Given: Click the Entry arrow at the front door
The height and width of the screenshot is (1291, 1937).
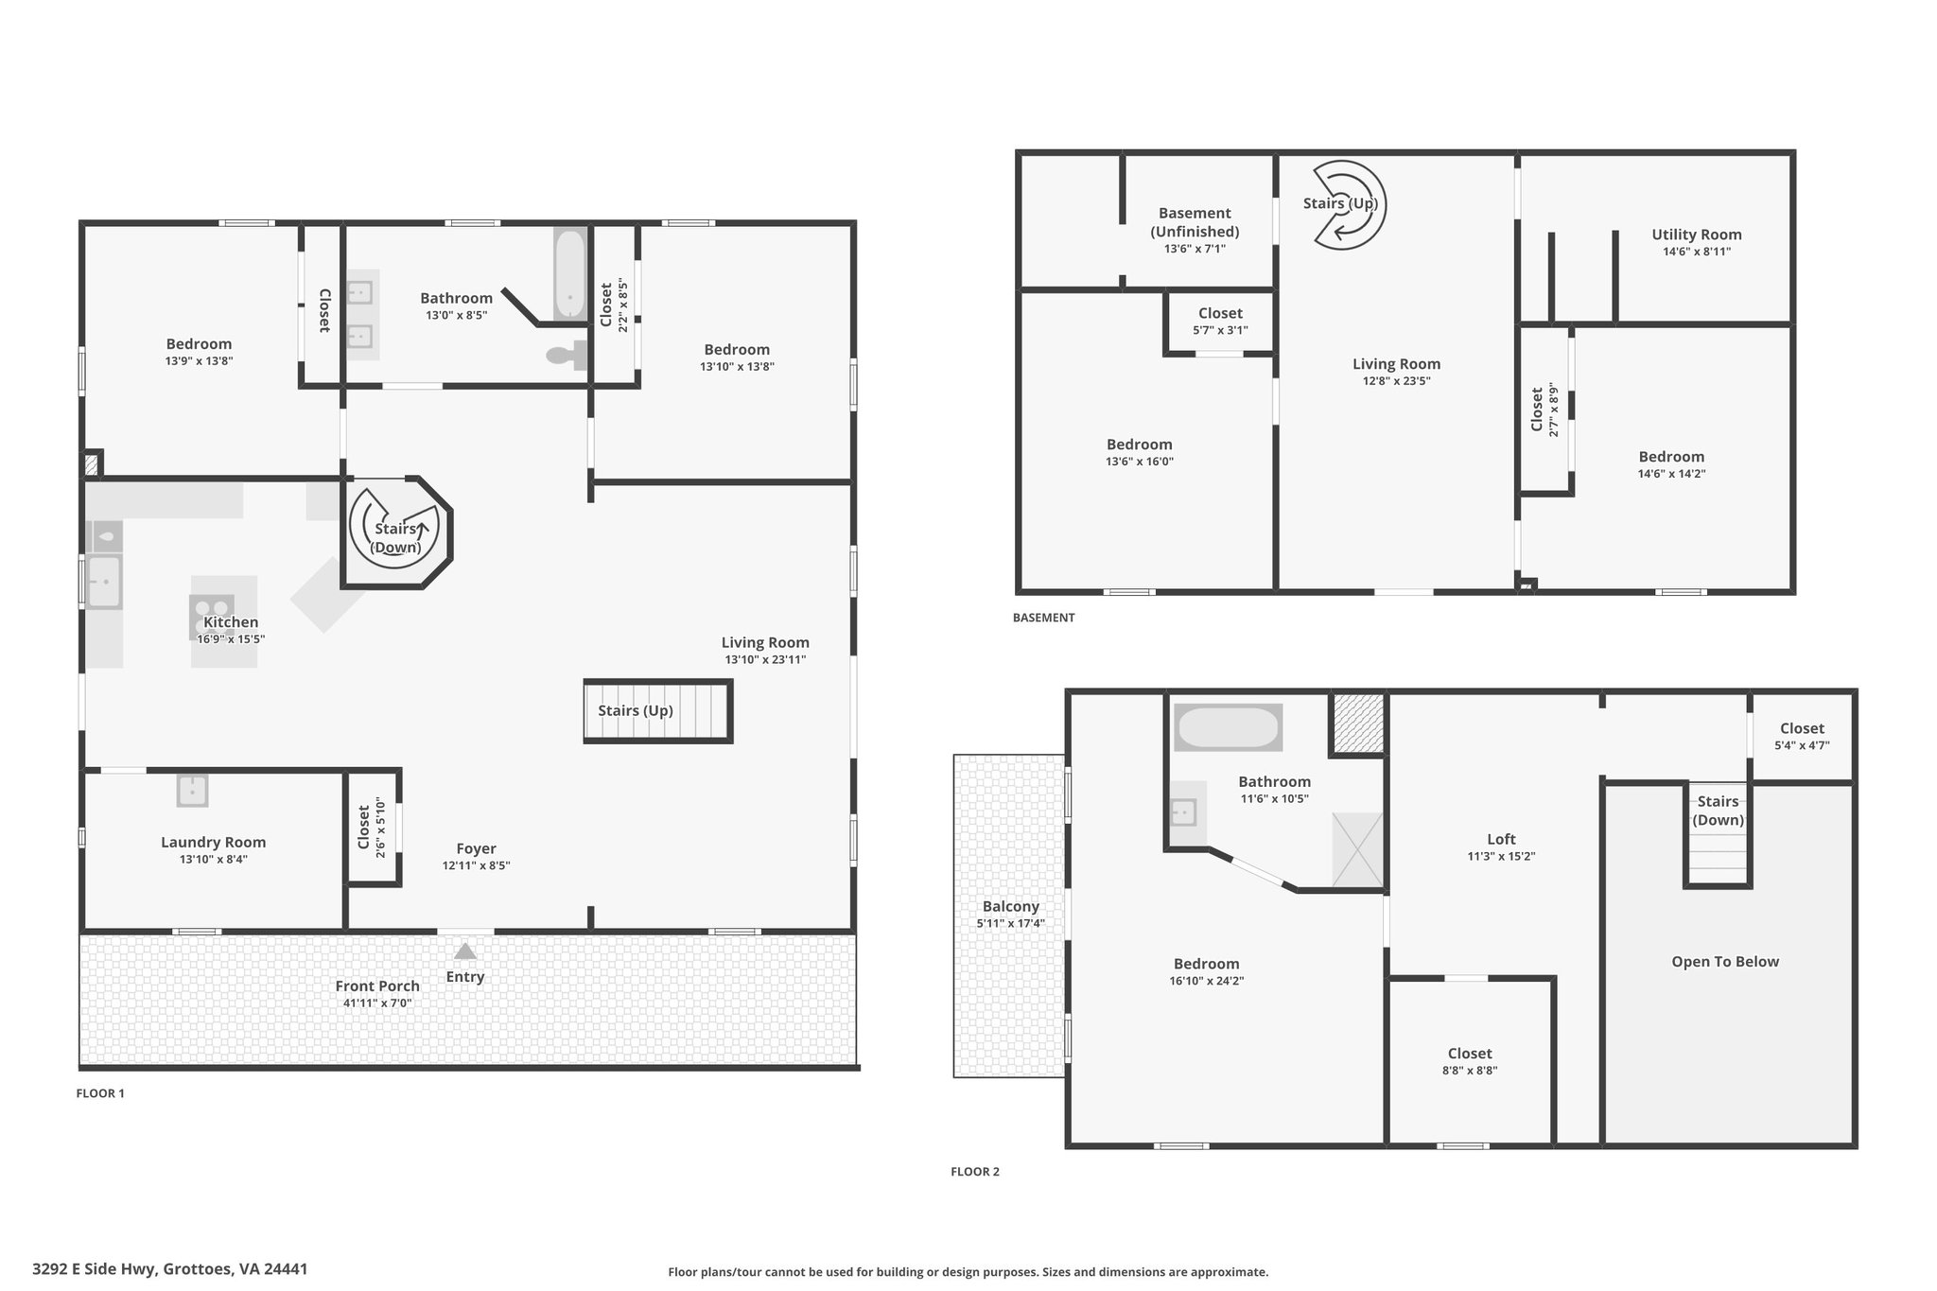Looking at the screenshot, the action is click(x=464, y=951).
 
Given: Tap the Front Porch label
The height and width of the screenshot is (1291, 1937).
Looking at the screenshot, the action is click(x=377, y=986).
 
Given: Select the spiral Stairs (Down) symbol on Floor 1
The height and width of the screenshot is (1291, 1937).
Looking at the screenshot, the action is click(x=394, y=532).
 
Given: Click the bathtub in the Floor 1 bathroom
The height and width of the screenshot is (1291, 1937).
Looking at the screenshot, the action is click(x=569, y=275).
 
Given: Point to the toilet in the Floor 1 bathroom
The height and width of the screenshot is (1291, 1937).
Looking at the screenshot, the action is click(x=566, y=356).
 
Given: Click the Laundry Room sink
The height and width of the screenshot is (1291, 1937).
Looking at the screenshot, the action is click(x=192, y=790).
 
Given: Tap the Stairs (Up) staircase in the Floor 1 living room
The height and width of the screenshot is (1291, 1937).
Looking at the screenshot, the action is click(x=658, y=710).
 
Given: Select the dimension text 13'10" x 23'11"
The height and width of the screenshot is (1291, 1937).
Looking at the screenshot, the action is click(x=765, y=660).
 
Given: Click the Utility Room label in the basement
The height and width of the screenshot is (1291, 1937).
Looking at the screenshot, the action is click(x=1697, y=235).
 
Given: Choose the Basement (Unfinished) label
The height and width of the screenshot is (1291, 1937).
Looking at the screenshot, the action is click(x=1195, y=222).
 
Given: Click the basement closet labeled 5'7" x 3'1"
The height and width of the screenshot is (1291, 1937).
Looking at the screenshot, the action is click(x=1220, y=322).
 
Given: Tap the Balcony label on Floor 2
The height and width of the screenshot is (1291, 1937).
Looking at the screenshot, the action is click(x=1010, y=906).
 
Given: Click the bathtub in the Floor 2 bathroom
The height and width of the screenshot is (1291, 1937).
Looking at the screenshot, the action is click(x=1228, y=727).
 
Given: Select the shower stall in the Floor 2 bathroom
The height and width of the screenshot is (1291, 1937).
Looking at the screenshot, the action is click(x=1357, y=849).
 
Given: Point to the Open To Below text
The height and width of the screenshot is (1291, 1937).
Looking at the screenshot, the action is click(x=1725, y=962).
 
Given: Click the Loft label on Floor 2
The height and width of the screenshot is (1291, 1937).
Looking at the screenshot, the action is click(x=1501, y=839).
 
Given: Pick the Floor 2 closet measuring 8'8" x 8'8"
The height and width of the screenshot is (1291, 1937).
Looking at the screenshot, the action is click(x=1470, y=1061).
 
